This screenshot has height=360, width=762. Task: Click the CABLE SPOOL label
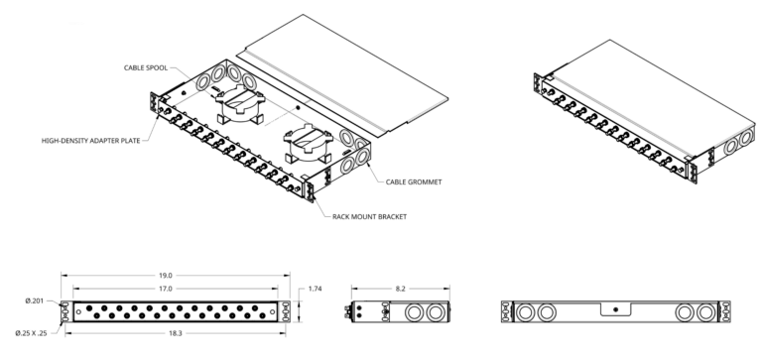pos(146,69)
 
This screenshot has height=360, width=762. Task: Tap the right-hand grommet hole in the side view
pos(436,312)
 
